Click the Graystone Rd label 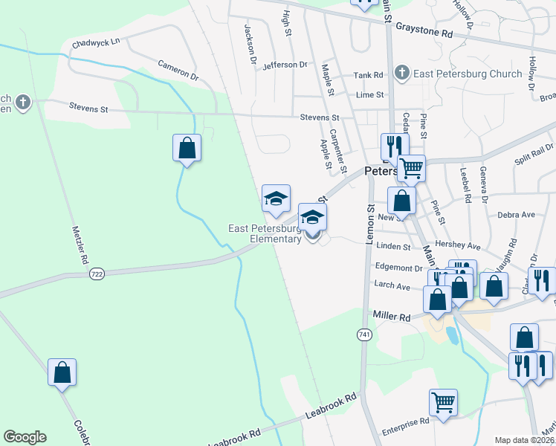coord(424,33)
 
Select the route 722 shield coord(97,274)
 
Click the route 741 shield coord(363,335)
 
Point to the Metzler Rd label coord(80,246)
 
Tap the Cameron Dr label coord(178,71)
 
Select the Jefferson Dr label coord(285,65)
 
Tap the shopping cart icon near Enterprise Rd coord(443,402)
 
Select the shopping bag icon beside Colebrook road coord(62,372)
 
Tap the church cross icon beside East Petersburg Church coord(402,72)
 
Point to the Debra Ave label coord(517,215)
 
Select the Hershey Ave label coord(462,246)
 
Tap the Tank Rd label coord(368,75)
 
